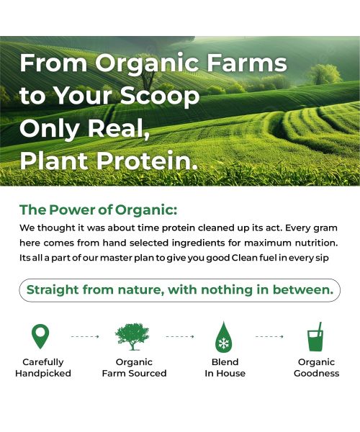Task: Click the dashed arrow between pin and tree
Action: (x=86, y=336)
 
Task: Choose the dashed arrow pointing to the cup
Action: (x=270, y=336)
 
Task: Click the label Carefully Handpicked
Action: (x=43, y=368)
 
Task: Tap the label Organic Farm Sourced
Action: (x=134, y=368)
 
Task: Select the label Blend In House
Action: (x=225, y=368)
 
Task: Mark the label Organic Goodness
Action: (x=316, y=368)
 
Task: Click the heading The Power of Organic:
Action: (x=98, y=210)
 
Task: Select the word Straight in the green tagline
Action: (x=55, y=290)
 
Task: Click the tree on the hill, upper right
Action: (x=323, y=72)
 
